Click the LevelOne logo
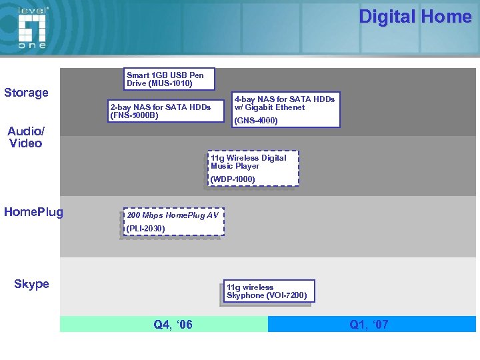click(x=32, y=27)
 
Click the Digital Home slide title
click(x=415, y=17)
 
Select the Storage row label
click(x=27, y=93)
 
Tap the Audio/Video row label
click(x=25, y=137)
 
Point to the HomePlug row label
click(x=33, y=212)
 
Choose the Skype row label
click(x=31, y=284)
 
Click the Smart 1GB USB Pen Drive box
click(x=169, y=79)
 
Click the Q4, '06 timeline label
click(x=173, y=325)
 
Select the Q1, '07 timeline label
click(x=369, y=325)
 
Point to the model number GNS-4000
click(x=256, y=121)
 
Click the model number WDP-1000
click(x=233, y=179)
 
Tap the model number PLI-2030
click(x=145, y=229)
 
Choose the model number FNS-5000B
click(x=135, y=115)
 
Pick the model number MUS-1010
click(x=170, y=84)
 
